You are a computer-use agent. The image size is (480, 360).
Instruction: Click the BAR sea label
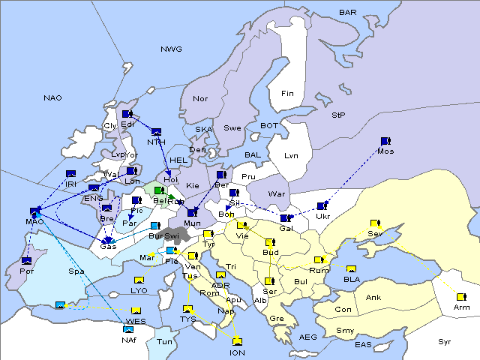[347, 12]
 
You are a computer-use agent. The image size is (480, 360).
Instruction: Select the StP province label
[338, 115]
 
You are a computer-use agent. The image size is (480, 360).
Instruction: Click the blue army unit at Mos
[385, 140]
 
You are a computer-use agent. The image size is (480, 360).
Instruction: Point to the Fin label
[287, 93]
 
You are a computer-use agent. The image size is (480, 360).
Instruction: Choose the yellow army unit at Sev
[375, 223]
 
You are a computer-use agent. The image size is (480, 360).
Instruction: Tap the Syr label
[445, 341]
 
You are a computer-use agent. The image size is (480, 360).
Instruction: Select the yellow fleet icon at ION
[238, 341]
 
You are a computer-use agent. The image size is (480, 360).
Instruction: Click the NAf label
[129, 340]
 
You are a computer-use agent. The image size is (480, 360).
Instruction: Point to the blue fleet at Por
[27, 260]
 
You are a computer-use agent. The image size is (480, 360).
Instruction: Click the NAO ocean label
[52, 97]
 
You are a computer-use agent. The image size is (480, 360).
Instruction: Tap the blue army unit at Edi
[127, 114]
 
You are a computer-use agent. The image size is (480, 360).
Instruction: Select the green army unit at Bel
[159, 190]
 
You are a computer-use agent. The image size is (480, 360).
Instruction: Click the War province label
[277, 193]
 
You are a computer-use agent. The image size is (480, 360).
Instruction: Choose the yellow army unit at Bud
[270, 242]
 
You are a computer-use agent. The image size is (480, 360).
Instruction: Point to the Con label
[343, 310]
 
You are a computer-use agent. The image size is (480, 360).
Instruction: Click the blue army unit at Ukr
[322, 205]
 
